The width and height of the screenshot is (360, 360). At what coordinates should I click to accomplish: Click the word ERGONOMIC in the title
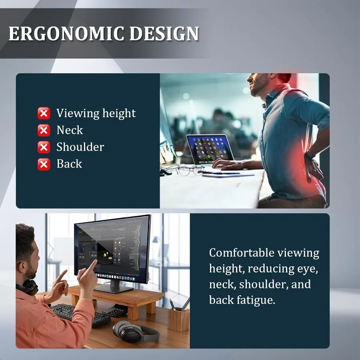click(66, 34)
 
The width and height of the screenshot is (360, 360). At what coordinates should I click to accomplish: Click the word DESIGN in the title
click(164, 34)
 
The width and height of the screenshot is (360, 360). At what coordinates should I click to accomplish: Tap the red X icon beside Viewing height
click(44, 113)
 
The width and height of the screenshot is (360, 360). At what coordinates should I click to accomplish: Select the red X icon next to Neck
click(44, 130)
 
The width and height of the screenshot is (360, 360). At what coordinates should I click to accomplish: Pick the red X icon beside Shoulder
click(44, 147)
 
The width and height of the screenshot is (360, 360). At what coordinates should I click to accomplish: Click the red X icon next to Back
click(44, 164)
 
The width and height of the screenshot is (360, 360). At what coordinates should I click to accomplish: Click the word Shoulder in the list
click(80, 147)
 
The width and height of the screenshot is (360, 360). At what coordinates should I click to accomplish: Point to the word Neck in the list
click(70, 130)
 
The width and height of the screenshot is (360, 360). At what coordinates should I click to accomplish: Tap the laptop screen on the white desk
click(209, 148)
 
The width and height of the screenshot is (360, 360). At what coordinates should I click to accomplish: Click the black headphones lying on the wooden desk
click(136, 332)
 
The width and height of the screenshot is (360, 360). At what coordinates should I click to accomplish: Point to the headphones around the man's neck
click(28, 287)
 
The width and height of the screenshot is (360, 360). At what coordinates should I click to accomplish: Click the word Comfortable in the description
click(242, 253)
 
